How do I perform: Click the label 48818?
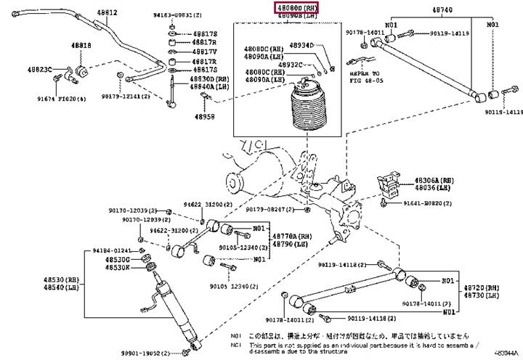click(81, 46)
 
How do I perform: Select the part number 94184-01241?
click(113, 250)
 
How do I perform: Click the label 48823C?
click(40, 70)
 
